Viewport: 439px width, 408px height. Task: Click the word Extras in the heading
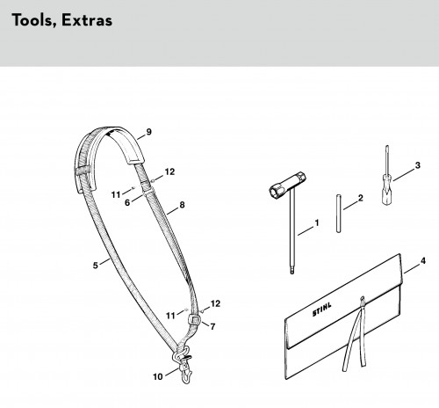point(87,20)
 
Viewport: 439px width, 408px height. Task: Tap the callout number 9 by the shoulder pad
point(149,132)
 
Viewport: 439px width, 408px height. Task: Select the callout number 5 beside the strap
point(96,266)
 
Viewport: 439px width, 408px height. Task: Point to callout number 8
point(182,205)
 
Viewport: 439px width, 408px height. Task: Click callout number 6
point(127,202)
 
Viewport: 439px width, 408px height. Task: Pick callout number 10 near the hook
point(158,376)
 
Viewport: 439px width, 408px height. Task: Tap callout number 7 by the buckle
point(212,326)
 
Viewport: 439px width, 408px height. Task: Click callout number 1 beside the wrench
point(317,223)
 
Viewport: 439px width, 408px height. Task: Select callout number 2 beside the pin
point(360,198)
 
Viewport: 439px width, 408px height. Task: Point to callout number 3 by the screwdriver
point(418,165)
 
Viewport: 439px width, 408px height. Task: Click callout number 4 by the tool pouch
point(423,260)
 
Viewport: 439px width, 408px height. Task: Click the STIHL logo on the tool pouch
point(322,310)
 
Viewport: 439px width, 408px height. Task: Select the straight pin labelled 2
point(338,214)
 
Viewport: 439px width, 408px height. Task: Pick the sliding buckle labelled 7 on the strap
point(194,319)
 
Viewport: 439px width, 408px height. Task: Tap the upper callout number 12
point(169,171)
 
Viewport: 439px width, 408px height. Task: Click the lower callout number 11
point(170,316)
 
